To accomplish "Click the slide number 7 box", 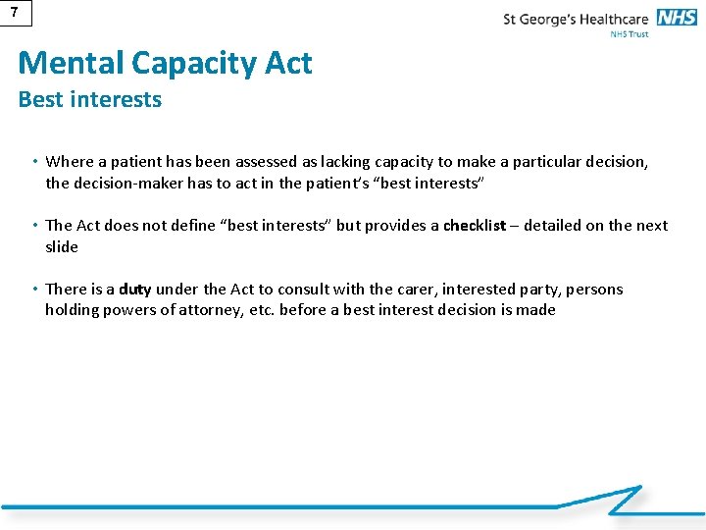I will [14, 12].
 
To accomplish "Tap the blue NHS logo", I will [678, 18].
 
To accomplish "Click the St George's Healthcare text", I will [576, 19].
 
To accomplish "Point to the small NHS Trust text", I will [629, 34].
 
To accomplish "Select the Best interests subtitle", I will [89, 99].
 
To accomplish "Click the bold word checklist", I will [475, 226].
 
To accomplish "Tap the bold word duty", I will [135, 290].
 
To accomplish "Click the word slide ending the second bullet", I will [62, 246].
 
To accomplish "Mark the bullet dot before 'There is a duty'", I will [34, 290].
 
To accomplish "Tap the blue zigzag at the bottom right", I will [624, 500].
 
